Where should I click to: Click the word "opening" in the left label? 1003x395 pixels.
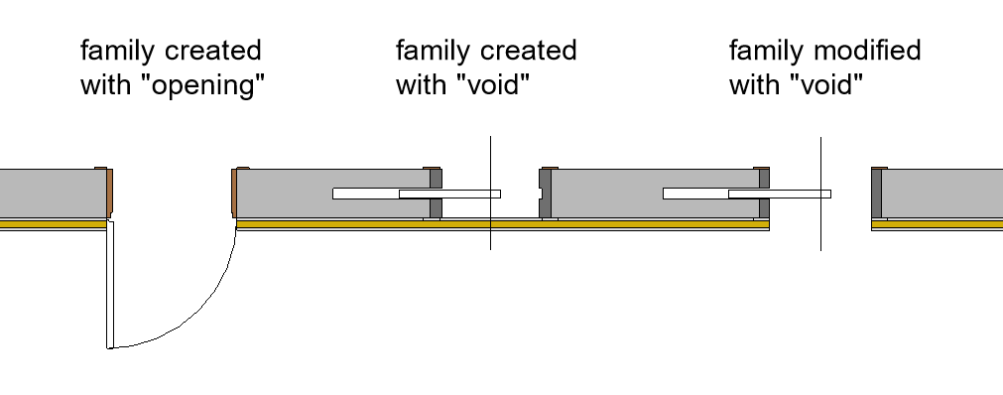[206, 84]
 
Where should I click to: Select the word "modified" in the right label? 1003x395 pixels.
[867, 50]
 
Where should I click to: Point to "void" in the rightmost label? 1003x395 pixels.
[827, 84]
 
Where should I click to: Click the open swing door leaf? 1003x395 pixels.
[110, 285]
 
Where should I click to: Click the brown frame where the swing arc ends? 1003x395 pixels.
[234, 193]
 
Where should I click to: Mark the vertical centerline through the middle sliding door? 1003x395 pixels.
[491, 193]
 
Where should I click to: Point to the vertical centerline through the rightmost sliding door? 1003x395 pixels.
[820, 194]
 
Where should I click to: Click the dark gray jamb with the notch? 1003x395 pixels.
[545, 194]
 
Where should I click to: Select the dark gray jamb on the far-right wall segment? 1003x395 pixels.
[876, 194]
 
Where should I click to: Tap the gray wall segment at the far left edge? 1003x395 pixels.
[53, 194]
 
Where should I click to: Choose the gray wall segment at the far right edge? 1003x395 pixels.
[941, 194]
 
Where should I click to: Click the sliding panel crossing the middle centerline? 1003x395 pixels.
[449, 194]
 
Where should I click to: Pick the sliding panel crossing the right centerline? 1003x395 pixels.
[780, 194]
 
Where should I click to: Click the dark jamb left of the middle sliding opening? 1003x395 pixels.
[435, 194]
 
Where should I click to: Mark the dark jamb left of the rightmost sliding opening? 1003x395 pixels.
[764, 194]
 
